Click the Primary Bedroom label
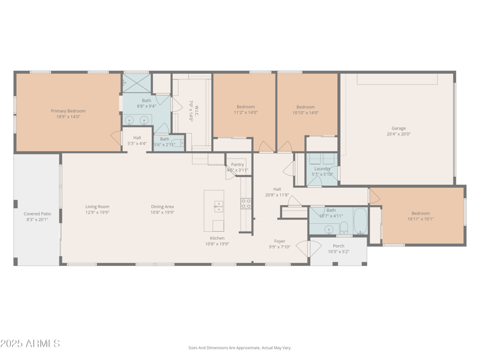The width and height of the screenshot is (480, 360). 68,110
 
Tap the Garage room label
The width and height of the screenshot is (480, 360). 398,128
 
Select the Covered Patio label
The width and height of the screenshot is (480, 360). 37,214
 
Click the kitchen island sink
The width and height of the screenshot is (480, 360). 218,206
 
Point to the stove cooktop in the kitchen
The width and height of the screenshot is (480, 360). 246,203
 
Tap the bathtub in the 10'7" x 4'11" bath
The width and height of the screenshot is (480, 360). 360,221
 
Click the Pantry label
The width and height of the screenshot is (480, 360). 238,164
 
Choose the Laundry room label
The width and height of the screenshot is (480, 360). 322,169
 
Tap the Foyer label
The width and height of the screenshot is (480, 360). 280,241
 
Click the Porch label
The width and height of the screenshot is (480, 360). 338,246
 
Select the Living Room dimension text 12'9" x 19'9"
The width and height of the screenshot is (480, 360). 97,212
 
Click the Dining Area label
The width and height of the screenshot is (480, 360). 162,207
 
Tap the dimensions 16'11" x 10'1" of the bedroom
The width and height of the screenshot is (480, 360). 420,219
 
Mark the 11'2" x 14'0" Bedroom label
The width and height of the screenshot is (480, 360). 245,107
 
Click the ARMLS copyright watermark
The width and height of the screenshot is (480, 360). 30,344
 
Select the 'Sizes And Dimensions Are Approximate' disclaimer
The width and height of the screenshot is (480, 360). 239,347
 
